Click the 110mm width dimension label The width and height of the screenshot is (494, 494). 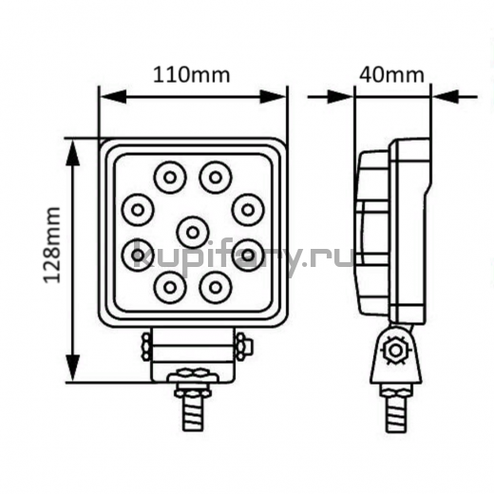[192, 75]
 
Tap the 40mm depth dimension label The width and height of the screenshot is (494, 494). [391, 75]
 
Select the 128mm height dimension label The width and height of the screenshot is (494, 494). [52, 245]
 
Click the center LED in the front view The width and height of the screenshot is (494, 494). [192, 233]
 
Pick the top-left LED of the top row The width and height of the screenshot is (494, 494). [170, 178]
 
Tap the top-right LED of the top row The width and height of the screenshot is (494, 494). [216, 178]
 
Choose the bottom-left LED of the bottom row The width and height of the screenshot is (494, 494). [170, 288]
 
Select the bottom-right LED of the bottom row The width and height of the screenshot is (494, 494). [216, 288]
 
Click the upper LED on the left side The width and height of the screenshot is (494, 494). [138, 210]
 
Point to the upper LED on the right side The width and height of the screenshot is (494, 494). [248, 210]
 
